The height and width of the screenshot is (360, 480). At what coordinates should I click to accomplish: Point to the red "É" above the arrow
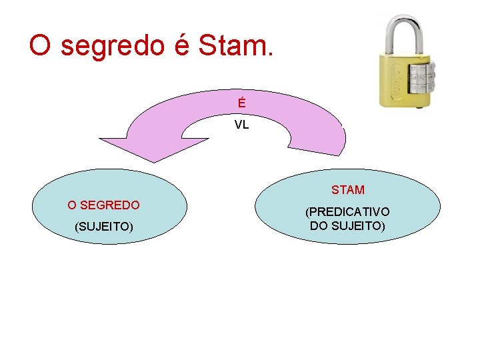pos(241,104)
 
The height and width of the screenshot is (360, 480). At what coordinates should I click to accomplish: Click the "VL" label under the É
pos(241,125)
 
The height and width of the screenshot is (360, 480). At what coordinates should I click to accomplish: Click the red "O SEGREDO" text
pos(103,205)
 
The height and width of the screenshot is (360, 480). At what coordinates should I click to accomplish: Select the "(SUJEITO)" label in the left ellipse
pos(104,227)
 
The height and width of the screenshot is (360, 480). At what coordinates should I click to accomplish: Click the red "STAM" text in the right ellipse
pos(348,190)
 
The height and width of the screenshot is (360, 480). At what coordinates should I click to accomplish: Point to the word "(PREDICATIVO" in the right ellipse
pos(347,212)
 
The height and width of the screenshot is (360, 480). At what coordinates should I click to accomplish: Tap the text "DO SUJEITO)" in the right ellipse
pos(347,226)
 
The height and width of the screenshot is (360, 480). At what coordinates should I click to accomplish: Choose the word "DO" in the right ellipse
pos(318,226)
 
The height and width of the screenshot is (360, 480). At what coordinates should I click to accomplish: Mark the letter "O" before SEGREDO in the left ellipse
pos(71,205)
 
